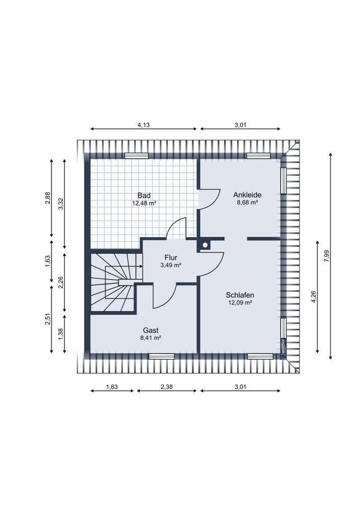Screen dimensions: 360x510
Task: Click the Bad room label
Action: click(144, 195)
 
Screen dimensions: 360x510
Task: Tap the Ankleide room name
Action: click(247, 195)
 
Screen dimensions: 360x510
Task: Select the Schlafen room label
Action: click(240, 295)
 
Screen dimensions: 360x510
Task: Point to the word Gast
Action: click(150, 330)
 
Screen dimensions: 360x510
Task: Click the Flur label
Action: click(171, 258)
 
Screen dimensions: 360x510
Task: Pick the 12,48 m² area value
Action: click(144, 203)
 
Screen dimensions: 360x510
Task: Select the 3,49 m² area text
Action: click(171, 265)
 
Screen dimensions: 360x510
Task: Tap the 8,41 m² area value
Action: click(150, 338)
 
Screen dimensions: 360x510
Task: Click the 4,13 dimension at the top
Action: click(143, 124)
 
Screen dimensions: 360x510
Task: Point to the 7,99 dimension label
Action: click(327, 256)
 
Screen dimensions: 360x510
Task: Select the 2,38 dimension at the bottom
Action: click(167, 387)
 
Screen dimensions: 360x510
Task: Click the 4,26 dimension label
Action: click(314, 297)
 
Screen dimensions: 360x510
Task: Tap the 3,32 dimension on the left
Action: click(61, 204)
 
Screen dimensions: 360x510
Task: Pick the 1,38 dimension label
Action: click(61, 334)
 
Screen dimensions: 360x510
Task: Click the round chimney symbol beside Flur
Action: click(205, 245)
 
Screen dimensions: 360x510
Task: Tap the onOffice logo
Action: click(283, 348)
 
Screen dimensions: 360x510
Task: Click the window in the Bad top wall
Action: click(137, 156)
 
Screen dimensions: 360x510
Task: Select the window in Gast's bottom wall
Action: click(162, 356)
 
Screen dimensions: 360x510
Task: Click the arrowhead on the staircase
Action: click(141, 266)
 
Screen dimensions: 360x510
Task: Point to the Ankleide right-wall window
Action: click(283, 181)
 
